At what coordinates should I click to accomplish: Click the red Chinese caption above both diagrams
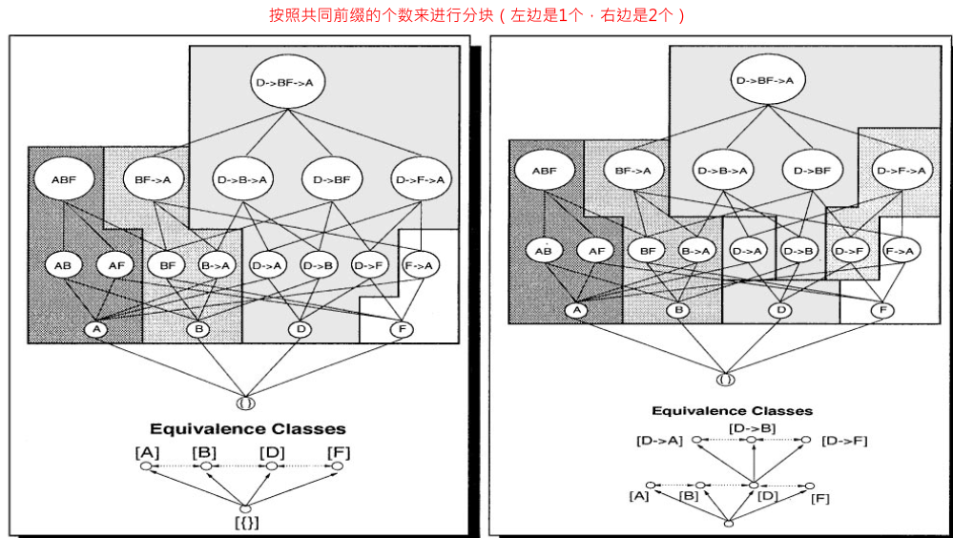477,16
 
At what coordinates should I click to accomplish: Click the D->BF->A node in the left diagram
284,84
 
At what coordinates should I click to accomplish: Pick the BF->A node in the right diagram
633,172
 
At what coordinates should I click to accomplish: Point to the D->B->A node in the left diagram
243,177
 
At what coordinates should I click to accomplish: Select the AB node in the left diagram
64,265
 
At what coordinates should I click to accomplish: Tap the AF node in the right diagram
596,252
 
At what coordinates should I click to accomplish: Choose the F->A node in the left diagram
420,265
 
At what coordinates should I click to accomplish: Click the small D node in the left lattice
300,329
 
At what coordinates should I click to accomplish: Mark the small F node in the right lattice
883,310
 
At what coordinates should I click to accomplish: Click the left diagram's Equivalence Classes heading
247,429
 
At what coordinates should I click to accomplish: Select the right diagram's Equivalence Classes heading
732,411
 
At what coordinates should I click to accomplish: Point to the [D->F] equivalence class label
843,441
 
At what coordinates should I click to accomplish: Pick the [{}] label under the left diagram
247,523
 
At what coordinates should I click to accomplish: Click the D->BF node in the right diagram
813,171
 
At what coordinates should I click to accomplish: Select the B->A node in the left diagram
216,265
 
